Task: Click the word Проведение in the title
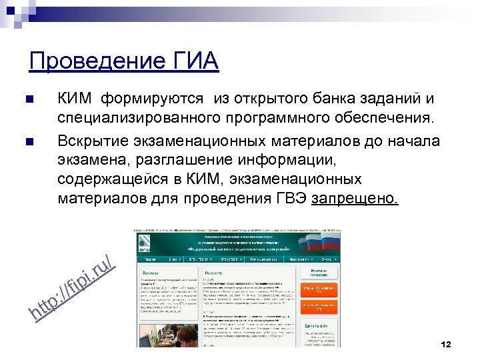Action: coord(93,61)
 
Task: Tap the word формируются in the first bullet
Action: coord(152,99)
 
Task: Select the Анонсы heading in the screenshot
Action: coord(151,273)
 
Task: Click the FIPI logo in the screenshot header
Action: coord(145,242)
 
